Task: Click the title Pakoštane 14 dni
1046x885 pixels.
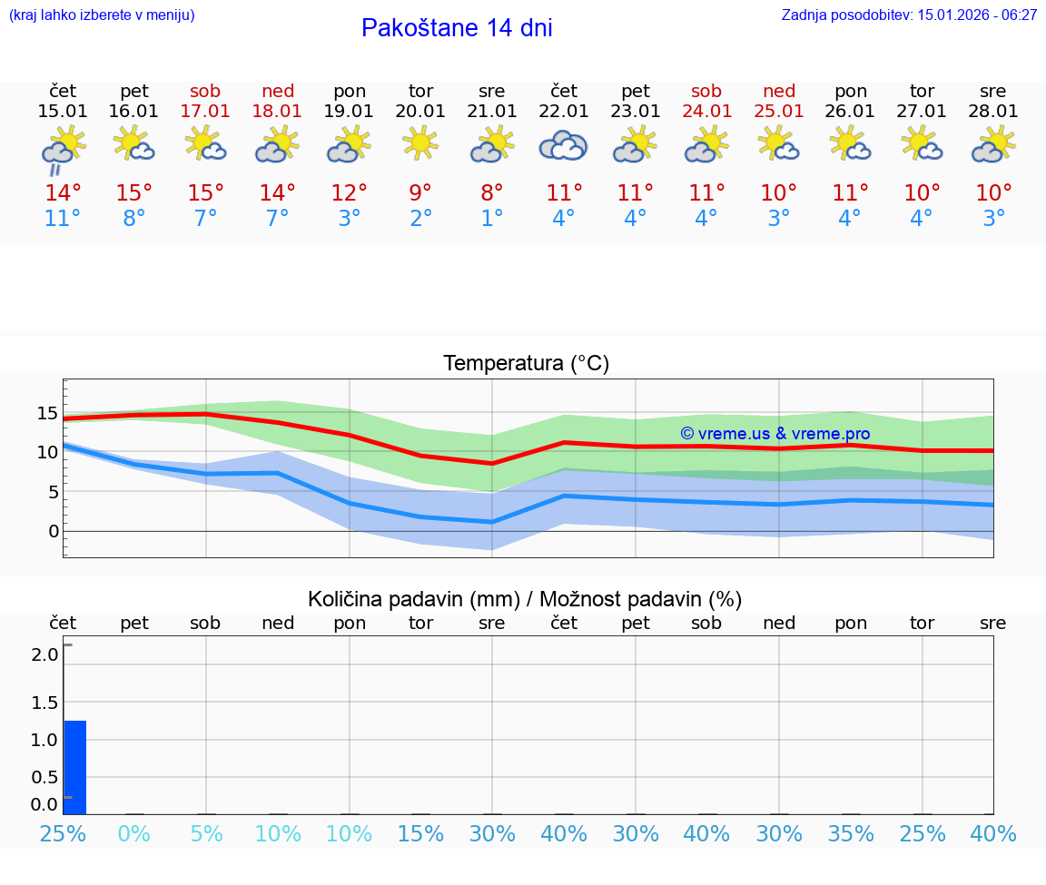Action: [x=457, y=28]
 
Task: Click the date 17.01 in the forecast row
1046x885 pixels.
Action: [x=205, y=112]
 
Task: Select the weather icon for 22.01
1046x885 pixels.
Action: [x=563, y=145]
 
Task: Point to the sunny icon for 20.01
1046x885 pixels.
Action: [x=420, y=143]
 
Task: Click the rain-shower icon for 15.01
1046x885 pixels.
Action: [x=62, y=149]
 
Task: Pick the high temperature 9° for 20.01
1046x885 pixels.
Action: [x=420, y=193]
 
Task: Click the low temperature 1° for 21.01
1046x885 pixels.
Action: [x=492, y=219]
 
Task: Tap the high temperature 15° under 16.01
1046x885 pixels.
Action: [x=133, y=193]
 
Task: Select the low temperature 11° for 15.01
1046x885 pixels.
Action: [x=62, y=219]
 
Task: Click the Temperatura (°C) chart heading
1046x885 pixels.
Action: [x=526, y=364]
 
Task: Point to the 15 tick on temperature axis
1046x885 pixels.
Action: [x=47, y=414]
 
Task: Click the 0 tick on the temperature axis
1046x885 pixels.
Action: [x=53, y=531]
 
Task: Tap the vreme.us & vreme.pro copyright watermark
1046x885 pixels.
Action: [x=775, y=434]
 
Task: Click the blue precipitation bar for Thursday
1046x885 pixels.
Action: [x=75, y=767]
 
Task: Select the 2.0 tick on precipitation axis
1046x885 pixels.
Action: [x=46, y=654]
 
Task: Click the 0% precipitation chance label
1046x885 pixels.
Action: [x=133, y=833]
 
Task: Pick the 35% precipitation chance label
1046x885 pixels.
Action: [x=851, y=833]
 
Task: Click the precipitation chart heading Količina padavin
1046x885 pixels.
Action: [x=525, y=599]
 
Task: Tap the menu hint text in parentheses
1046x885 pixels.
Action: [x=102, y=15]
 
